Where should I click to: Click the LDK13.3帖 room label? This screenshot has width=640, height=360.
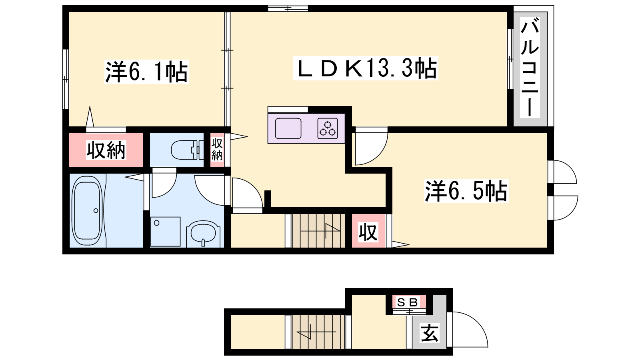click(x=366, y=68)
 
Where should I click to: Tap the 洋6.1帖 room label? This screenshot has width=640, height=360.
click(x=146, y=72)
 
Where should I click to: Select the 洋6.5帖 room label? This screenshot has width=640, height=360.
click(x=466, y=191)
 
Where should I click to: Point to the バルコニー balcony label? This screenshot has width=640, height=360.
click(x=530, y=68)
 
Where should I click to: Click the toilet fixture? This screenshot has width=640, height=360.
click(x=187, y=150)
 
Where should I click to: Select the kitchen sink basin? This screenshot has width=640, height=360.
click(x=288, y=128)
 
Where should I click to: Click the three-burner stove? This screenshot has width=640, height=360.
click(x=328, y=128)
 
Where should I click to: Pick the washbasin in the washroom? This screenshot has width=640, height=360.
click(x=203, y=233)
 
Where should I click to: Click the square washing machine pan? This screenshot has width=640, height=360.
click(x=166, y=232)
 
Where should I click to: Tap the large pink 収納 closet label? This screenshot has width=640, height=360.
click(x=106, y=150)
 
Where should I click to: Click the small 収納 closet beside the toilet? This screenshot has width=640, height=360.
click(x=217, y=150)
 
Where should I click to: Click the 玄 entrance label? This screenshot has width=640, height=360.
click(x=430, y=333)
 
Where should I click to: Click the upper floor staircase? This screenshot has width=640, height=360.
click(x=318, y=230)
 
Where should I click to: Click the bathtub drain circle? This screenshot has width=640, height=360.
click(x=96, y=211)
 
